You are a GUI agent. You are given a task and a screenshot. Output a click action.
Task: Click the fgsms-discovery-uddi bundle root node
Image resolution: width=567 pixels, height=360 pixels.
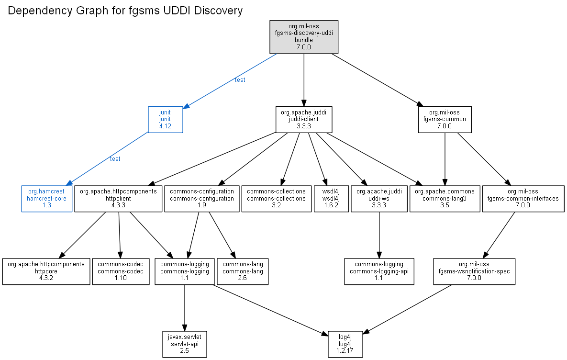pos(304,37)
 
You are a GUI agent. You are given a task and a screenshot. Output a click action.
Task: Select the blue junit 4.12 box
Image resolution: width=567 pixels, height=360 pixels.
pos(165,119)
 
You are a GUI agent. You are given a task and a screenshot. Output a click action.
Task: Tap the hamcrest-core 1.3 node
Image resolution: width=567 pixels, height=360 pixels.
pos(46,199)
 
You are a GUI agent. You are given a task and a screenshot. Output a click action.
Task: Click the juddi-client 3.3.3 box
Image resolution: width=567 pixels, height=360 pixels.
pos(304,119)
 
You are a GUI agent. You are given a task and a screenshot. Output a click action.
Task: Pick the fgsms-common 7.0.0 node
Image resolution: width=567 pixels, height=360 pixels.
pos(445,119)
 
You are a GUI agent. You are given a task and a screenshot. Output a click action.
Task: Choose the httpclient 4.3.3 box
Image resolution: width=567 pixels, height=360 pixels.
pos(118,199)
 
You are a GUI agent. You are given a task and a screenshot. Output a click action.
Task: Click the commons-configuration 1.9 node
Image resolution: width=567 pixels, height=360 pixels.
pos(202,199)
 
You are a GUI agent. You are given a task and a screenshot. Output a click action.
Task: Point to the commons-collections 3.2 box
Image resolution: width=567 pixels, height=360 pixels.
pos(276,199)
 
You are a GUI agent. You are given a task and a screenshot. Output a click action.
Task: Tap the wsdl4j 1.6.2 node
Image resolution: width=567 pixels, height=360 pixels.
pos(331,199)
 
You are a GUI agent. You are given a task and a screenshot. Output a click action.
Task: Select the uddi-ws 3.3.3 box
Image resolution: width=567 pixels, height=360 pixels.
pos(379,199)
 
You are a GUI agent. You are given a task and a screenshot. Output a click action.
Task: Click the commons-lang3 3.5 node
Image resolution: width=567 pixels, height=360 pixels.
pos(445,199)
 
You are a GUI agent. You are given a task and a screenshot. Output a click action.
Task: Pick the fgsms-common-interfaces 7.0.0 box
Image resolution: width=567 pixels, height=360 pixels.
pos(523,199)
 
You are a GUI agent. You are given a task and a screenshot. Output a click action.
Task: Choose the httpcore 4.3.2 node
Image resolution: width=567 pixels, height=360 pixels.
pos(46,271)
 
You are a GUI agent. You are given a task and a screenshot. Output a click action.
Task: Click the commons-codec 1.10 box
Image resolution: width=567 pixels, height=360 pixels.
pos(121,271)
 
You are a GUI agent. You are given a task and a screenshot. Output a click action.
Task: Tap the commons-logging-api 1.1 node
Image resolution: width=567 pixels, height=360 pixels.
pos(379,271)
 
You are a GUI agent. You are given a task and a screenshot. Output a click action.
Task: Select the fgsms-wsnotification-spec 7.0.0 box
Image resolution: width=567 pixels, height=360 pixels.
pos(474,271)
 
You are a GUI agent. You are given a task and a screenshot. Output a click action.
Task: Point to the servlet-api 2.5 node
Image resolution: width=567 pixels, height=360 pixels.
pos(185,344)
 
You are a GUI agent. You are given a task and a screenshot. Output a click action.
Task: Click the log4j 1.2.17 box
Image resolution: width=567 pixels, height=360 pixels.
pos(345,344)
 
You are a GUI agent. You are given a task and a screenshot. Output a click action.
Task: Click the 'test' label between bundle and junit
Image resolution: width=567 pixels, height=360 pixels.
pos(240,80)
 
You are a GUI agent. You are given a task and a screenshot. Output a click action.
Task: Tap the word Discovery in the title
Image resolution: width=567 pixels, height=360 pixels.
pos(218,11)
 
